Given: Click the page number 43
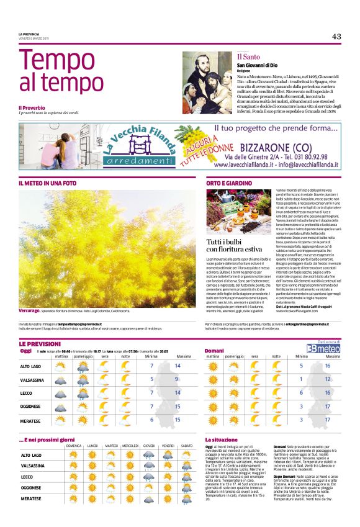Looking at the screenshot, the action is tap(336, 37).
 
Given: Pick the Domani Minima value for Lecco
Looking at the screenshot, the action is tap(301, 393).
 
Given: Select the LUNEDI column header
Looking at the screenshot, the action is tap(92, 445).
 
